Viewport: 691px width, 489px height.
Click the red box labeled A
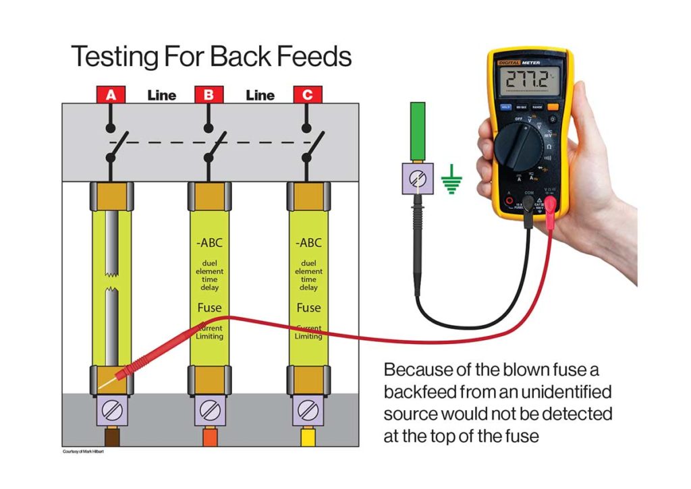pos(111,95)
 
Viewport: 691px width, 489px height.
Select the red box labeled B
pos(209,95)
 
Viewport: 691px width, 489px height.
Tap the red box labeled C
pos(307,95)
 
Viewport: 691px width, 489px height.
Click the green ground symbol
pos(452,180)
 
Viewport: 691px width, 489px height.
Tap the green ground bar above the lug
pos(418,132)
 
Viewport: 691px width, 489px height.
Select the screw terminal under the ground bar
pos(418,179)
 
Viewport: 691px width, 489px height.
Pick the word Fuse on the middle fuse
pos(209,308)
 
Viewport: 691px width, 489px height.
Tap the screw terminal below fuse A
pos(111,409)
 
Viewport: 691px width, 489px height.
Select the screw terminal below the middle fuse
pos(209,409)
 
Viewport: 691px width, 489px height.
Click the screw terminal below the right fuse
pos(308,409)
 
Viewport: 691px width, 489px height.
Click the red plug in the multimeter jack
pos(551,205)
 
